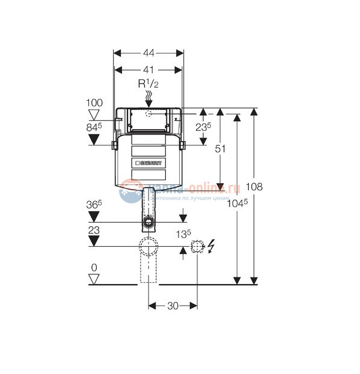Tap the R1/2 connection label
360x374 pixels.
(x=148, y=83)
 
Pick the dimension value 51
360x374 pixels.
(x=222, y=150)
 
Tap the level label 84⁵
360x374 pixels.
(x=95, y=127)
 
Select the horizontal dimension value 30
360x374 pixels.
(x=173, y=306)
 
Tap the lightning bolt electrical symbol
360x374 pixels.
(x=211, y=246)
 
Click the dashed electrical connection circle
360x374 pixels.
(x=197, y=246)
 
